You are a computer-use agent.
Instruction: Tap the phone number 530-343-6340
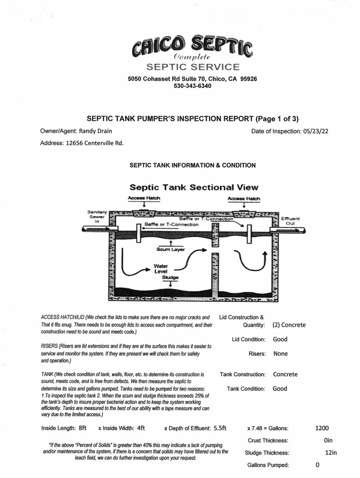[x=192, y=86]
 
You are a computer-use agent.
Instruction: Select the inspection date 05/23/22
[x=315, y=131]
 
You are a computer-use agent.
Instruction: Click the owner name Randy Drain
[x=96, y=131]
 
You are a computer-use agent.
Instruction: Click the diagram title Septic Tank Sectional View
[x=194, y=187]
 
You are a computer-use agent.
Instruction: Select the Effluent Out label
[x=291, y=221]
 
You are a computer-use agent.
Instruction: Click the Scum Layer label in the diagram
[x=171, y=249]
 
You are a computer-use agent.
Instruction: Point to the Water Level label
[x=161, y=269]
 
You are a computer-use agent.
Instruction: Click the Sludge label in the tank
[x=168, y=277]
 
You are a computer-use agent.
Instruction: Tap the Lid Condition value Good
[x=280, y=339]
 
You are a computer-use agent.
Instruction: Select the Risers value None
[x=281, y=354]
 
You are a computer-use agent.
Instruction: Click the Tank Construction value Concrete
[x=285, y=374]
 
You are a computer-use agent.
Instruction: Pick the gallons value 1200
[x=322, y=428]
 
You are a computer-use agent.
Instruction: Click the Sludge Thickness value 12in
[x=331, y=452]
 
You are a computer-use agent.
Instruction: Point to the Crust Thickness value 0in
[x=328, y=440]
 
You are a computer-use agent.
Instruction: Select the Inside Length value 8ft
[x=83, y=428]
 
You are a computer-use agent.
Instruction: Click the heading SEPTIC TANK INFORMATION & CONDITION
[x=193, y=165]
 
